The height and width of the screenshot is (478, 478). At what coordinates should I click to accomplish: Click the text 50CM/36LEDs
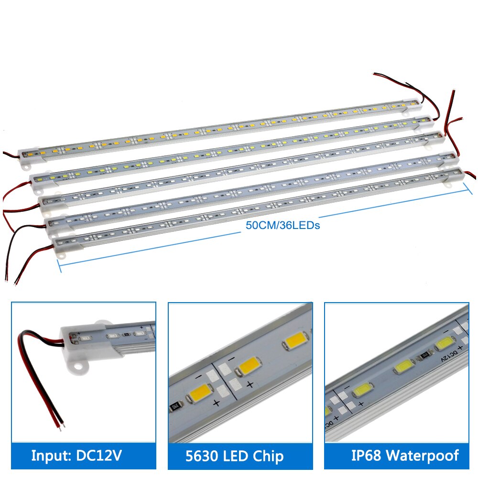[283, 225]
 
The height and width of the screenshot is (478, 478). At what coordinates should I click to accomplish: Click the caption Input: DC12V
[76, 456]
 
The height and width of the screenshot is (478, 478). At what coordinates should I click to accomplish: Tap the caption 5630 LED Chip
[234, 456]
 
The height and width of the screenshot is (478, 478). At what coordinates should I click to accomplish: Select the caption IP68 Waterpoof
[405, 456]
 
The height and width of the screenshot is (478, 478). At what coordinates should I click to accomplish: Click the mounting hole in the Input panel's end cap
[80, 367]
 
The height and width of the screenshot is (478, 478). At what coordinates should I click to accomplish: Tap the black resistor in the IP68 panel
[424, 356]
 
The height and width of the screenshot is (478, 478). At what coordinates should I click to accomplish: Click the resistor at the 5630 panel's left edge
[174, 407]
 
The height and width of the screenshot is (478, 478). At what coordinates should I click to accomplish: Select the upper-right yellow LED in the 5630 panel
[296, 340]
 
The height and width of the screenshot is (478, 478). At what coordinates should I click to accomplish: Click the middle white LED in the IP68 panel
[404, 366]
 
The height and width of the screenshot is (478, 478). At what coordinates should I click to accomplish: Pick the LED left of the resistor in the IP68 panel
[404, 366]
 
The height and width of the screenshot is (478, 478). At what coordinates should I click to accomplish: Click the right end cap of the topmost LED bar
[412, 104]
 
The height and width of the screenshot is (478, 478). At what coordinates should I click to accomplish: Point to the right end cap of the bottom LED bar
[454, 176]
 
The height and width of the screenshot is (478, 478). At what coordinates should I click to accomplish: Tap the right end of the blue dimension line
[468, 189]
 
